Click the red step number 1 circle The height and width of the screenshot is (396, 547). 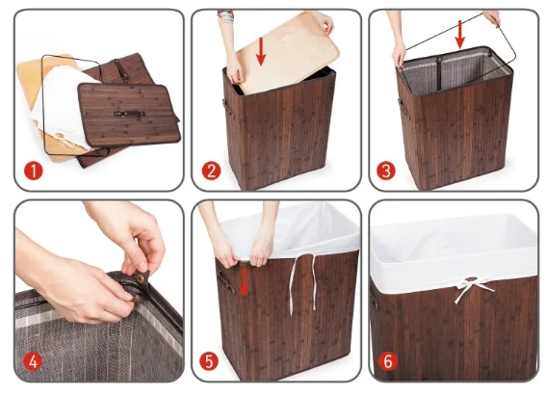pyautogui.click(x=34, y=171)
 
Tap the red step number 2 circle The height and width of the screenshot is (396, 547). pyautogui.click(x=211, y=171)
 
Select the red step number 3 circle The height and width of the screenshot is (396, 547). pyautogui.click(x=386, y=171)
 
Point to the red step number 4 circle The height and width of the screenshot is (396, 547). pyautogui.click(x=33, y=361)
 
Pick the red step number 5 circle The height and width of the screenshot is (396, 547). pyautogui.click(x=209, y=361)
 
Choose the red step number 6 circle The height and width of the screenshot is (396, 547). pyautogui.click(x=388, y=361)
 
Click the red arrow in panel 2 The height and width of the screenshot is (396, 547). pyautogui.click(x=261, y=51)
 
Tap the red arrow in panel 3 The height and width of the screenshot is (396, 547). pyautogui.click(x=460, y=34)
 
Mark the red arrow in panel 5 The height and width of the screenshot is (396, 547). pyautogui.click(x=244, y=282)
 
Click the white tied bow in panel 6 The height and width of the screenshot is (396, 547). pyautogui.click(x=473, y=288)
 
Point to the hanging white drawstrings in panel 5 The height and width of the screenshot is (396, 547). pyautogui.click(x=302, y=282)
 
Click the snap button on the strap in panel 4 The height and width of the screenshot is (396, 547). pyautogui.click(x=141, y=278)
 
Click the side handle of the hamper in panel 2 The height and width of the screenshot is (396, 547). pyautogui.click(x=227, y=108)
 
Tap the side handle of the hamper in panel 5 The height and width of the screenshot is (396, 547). pyautogui.click(x=225, y=282)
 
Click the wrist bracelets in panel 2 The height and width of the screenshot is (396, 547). pyautogui.click(x=225, y=16)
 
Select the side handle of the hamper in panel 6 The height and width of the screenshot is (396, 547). pyautogui.click(x=374, y=301)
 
